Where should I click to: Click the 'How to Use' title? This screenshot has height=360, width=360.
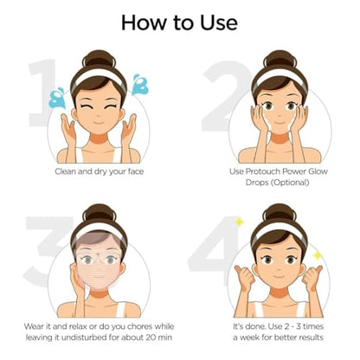(x=180, y=22)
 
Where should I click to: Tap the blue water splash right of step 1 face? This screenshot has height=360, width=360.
(x=138, y=85)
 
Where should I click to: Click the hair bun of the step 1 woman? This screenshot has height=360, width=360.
(x=98, y=59)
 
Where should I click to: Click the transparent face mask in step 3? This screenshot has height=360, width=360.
(x=98, y=260)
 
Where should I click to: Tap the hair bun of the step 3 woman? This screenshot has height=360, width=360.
(x=98, y=213)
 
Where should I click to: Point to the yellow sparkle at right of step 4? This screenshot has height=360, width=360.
(x=318, y=255)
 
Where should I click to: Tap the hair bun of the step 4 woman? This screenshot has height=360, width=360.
(x=279, y=213)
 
